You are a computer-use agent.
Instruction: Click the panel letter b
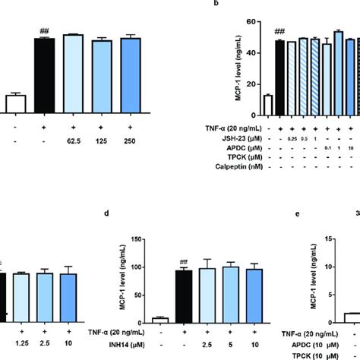coord(216,4)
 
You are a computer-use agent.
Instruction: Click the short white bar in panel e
coord(350,317)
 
